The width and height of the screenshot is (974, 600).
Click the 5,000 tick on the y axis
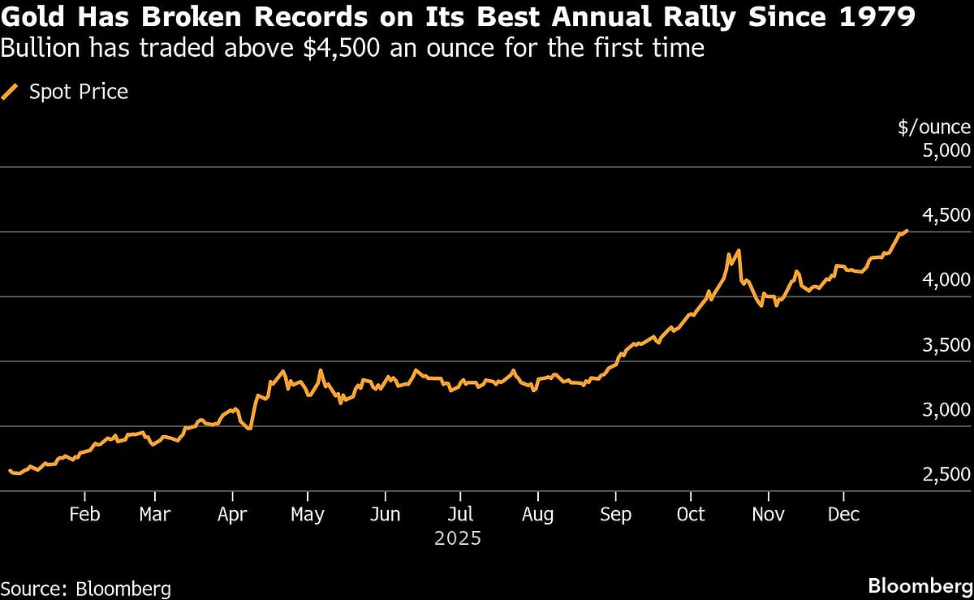pos(946,150)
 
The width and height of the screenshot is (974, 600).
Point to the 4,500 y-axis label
pos(946,215)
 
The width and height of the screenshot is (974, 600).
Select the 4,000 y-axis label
pos(946,280)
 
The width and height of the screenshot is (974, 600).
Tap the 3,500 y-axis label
pos(946,345)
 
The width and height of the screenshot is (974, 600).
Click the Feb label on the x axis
pos(84,515)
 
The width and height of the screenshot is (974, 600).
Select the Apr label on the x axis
pos(233,515)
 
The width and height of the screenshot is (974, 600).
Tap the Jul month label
pos(460,515)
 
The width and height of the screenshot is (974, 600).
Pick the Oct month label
pos(691,515)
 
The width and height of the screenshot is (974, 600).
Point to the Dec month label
pos(843,515)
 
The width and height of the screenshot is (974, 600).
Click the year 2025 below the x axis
pos(458,538)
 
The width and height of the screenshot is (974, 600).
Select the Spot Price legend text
pos(79,92)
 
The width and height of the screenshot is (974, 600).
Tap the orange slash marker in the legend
pos(11,92)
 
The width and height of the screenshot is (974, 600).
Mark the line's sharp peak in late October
pos(738,251)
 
